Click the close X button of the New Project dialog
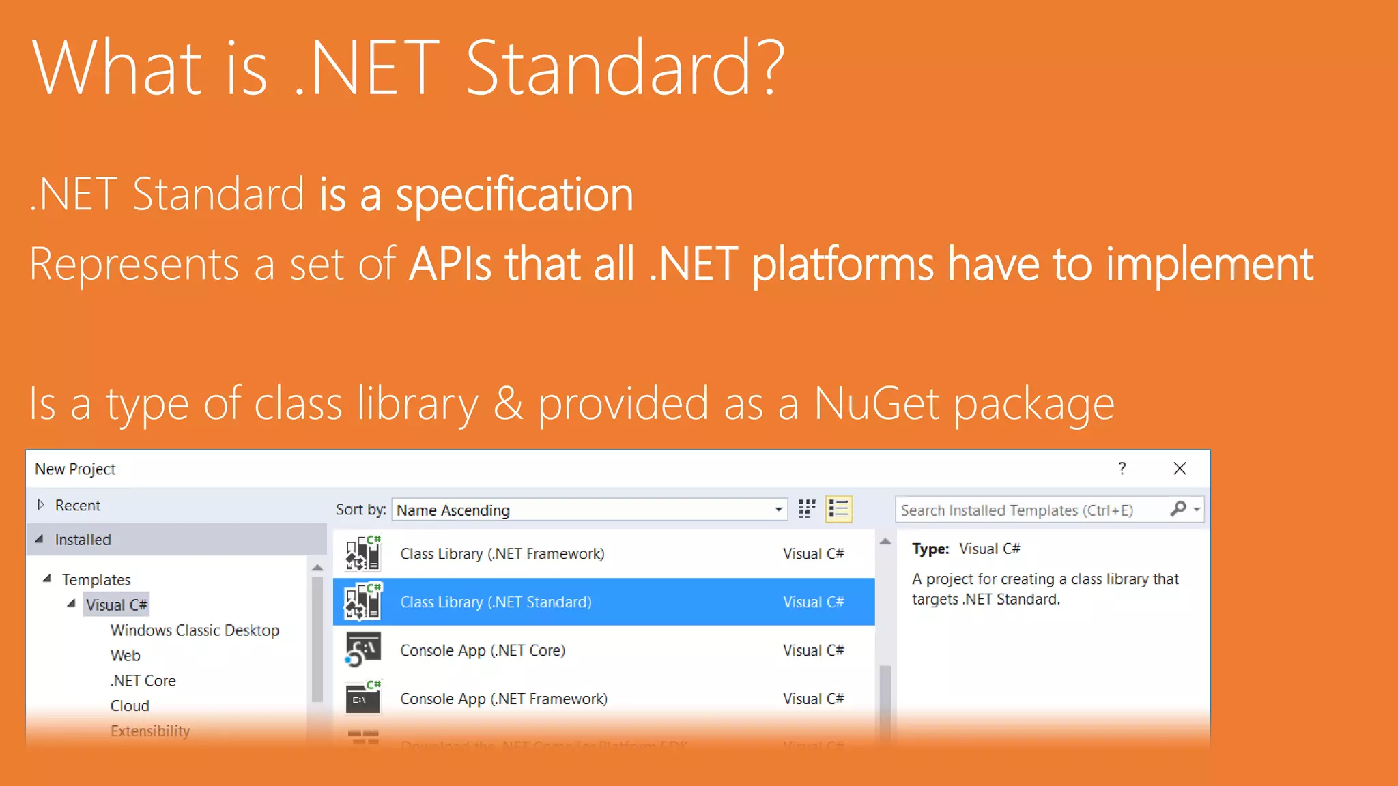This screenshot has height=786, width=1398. [1180, 469]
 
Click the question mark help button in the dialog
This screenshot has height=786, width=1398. [1122, 469]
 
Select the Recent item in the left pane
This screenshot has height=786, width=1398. [77, 506]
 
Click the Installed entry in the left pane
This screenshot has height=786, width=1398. [83, 540]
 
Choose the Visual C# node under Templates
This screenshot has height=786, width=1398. [116, 605]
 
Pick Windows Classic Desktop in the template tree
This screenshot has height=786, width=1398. [195, 630]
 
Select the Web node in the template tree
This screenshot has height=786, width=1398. [126, 656]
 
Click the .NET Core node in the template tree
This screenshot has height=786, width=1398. [143, 681]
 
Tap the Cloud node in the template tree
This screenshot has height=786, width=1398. [130, 706]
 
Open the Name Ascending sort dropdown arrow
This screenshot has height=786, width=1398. [778, 510]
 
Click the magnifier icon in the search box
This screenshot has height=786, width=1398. [1178, 509]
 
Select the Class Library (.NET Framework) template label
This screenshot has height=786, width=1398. [502, 554]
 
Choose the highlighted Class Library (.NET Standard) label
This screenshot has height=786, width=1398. [496, 602]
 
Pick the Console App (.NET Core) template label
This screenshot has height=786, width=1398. [483, 651]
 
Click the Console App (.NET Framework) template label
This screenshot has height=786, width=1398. [504, 699]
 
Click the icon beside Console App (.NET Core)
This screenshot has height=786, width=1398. [362, 650]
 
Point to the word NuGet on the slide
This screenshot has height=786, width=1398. [876, 404]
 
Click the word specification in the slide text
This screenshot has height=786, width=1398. [515, 195]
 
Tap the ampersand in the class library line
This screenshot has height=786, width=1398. [508, 404]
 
